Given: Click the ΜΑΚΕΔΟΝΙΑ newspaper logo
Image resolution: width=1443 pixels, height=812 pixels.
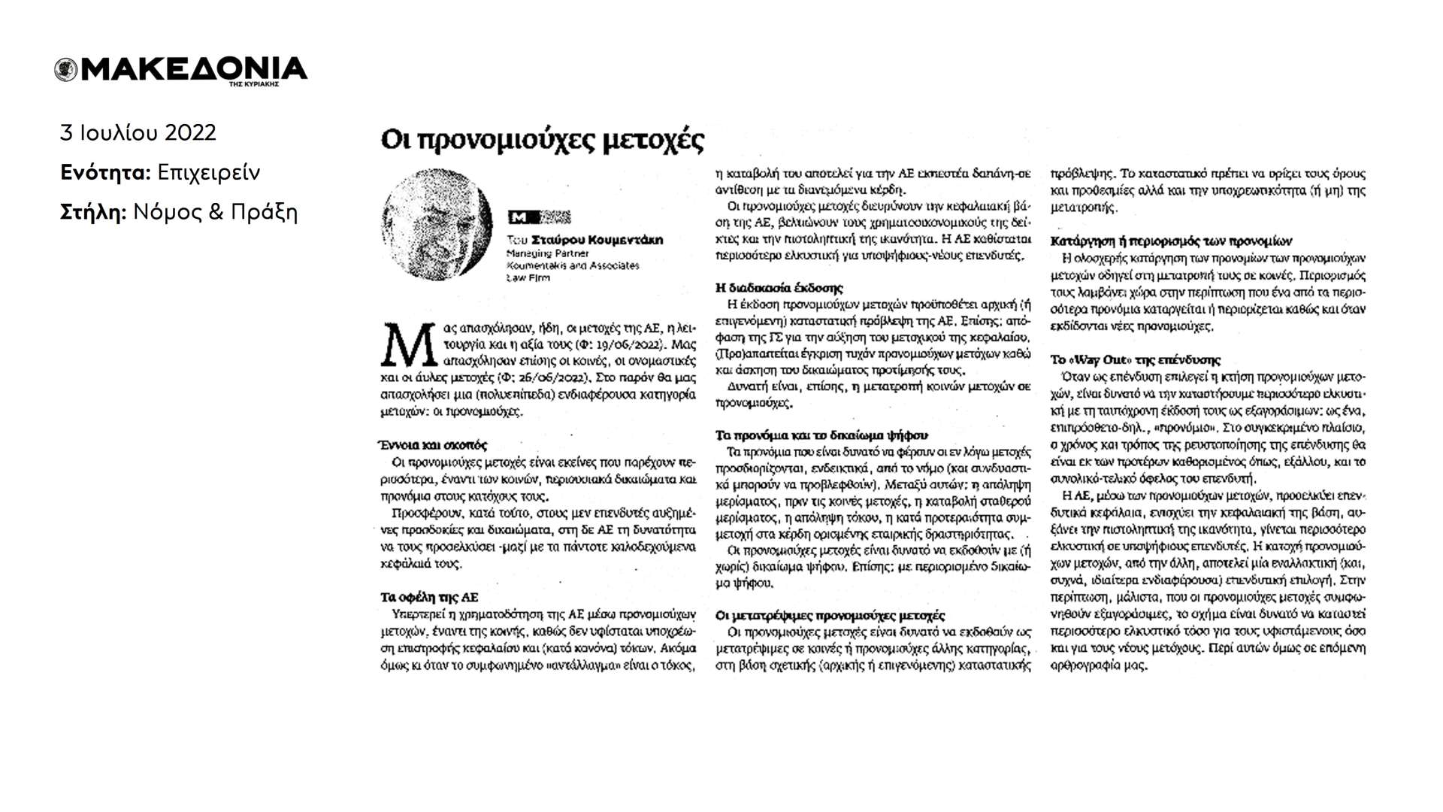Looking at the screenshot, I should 181,70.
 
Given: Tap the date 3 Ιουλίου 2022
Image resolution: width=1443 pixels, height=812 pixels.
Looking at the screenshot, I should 138,133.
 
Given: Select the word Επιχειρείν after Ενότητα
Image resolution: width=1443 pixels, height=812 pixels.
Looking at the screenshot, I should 209,173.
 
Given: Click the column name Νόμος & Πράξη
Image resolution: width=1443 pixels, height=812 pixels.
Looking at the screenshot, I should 216,213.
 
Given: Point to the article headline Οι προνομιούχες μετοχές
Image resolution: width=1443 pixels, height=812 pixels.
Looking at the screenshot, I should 543,141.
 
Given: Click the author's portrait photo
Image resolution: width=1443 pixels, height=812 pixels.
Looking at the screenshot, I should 437,223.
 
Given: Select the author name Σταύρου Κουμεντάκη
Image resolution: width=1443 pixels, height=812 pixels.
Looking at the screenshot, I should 597,241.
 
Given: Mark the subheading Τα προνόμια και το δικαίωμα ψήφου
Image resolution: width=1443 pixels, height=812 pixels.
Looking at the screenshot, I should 821,435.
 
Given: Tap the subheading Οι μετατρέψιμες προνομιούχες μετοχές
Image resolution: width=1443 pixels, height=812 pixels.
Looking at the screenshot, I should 830,615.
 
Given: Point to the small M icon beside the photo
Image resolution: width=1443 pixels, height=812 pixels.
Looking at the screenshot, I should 519,218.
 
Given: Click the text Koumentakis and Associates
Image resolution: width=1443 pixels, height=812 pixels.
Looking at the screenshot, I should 573,265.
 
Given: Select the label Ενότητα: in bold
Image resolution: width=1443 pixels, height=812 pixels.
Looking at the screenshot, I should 106,173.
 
